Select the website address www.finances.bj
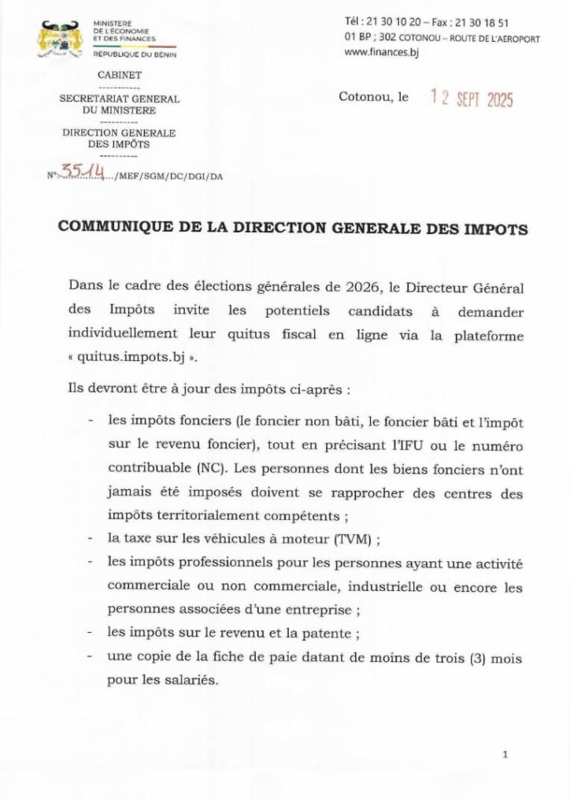coord(380,53)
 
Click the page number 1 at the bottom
coord(505,755)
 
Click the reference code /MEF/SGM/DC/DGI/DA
coord(167,177)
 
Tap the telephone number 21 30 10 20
coord(392,23)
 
